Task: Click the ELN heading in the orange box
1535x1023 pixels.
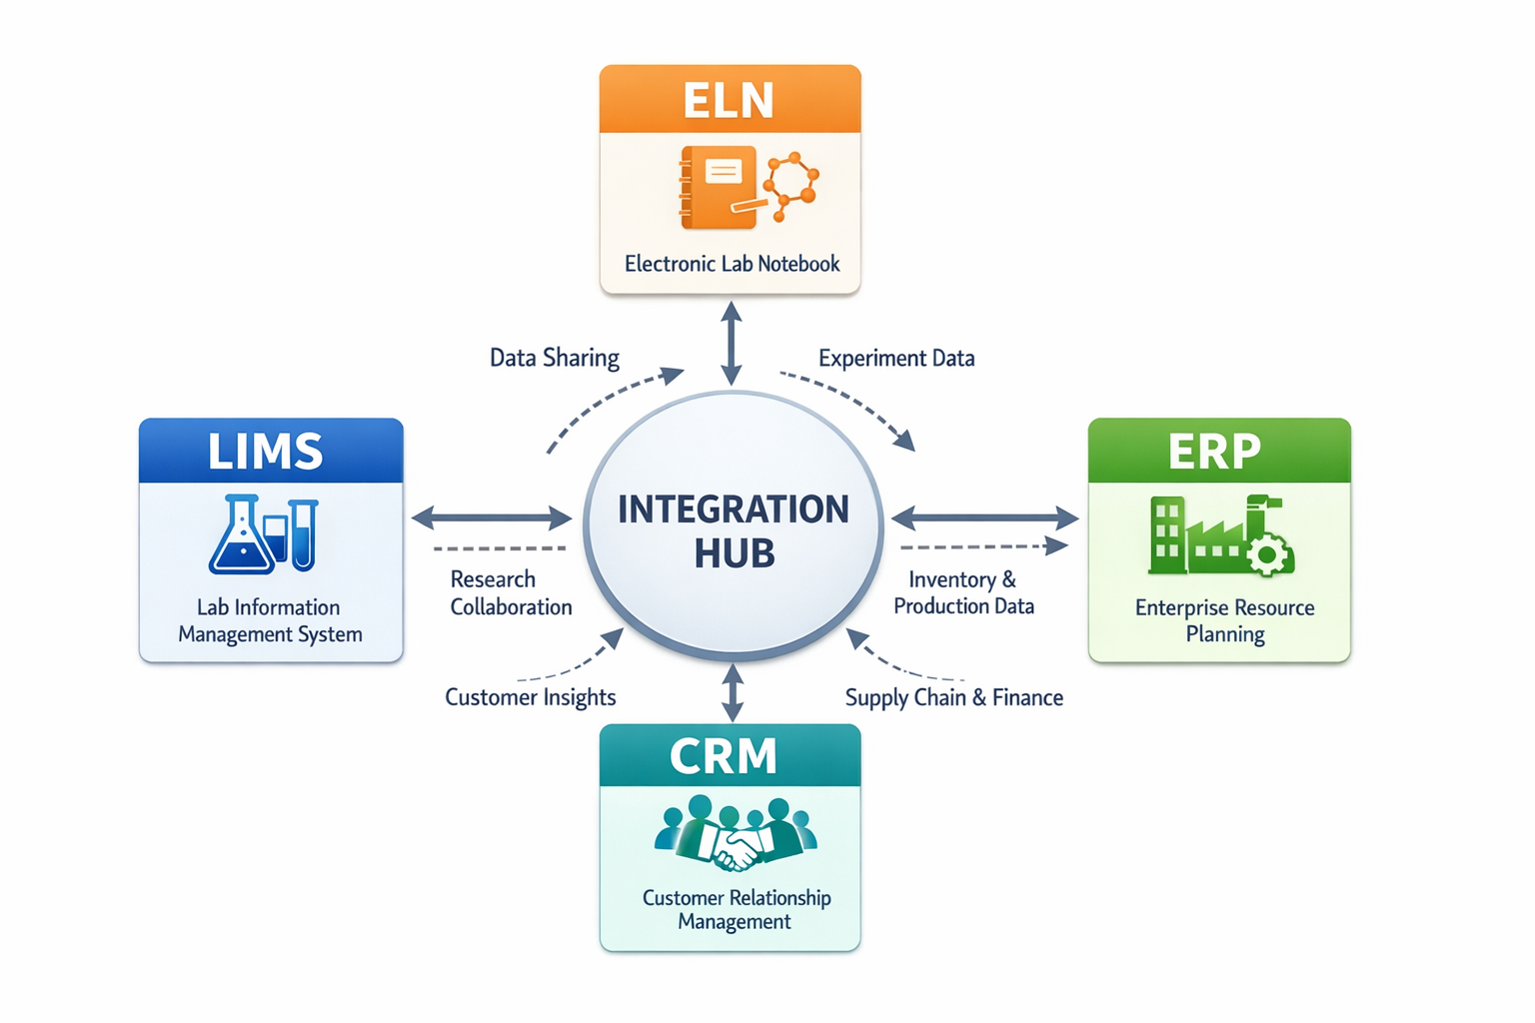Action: coord(729,100)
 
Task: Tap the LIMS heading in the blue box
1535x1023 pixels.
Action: coord(266,452)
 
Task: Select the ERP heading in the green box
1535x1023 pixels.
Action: coord(1214,452)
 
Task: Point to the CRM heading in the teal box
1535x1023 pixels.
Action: coord(724,756)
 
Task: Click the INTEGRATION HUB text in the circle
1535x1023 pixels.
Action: coord(734,530)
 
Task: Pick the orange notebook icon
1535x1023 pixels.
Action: coord(718,187)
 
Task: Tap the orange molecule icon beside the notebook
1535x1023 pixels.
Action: coord(791,185)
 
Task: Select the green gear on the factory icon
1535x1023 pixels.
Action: coord(1269,554)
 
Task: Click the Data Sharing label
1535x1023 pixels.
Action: coord(554,358)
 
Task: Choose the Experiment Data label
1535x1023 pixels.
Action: coord(896,358)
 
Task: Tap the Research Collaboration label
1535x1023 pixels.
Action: coord(510,593)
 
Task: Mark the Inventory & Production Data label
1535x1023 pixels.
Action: coord(963,593)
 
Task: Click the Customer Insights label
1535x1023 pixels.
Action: coord(530,697)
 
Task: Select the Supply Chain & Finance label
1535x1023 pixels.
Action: coord(953,697)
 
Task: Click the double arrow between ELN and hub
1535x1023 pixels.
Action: coord(732,344)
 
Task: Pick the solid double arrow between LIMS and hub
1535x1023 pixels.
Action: coord(492,517)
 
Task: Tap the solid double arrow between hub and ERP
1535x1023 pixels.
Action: coord(984,517)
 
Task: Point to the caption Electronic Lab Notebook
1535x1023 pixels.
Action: coord(732,264)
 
